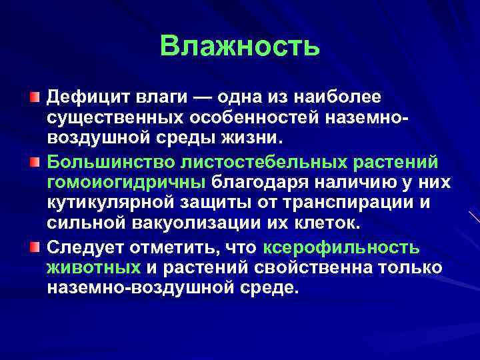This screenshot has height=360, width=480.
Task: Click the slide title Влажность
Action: click(x=240, y=47)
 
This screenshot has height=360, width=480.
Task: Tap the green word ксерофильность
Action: click(x=341, y=247)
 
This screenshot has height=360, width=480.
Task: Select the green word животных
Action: click(x=93, y=268)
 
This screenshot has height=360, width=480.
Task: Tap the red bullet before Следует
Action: click(x=34, y=247)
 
